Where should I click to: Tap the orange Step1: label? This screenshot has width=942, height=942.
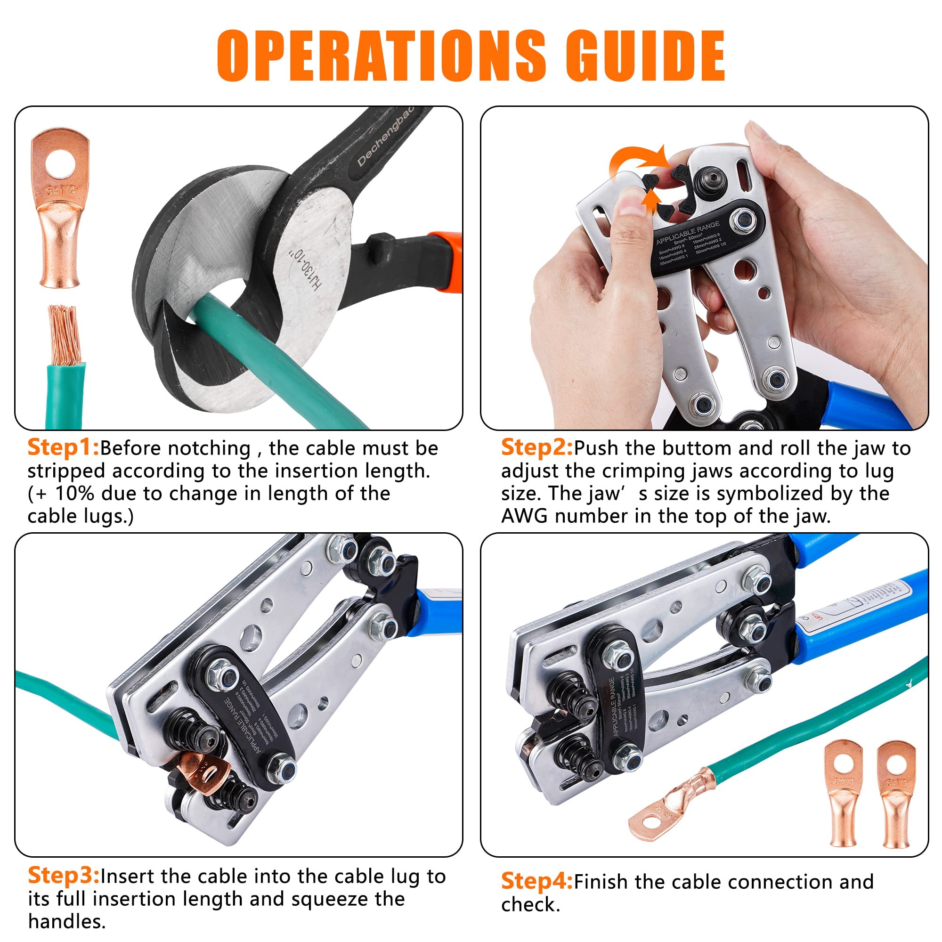tap(63, 447)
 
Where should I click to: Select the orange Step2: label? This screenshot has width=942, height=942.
tap(537, 447)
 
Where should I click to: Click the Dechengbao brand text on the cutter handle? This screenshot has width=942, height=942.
tap(385, 137)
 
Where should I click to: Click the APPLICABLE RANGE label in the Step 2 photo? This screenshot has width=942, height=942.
tap(688, 233)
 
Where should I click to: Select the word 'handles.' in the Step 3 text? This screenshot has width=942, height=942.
tap(67, 921)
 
